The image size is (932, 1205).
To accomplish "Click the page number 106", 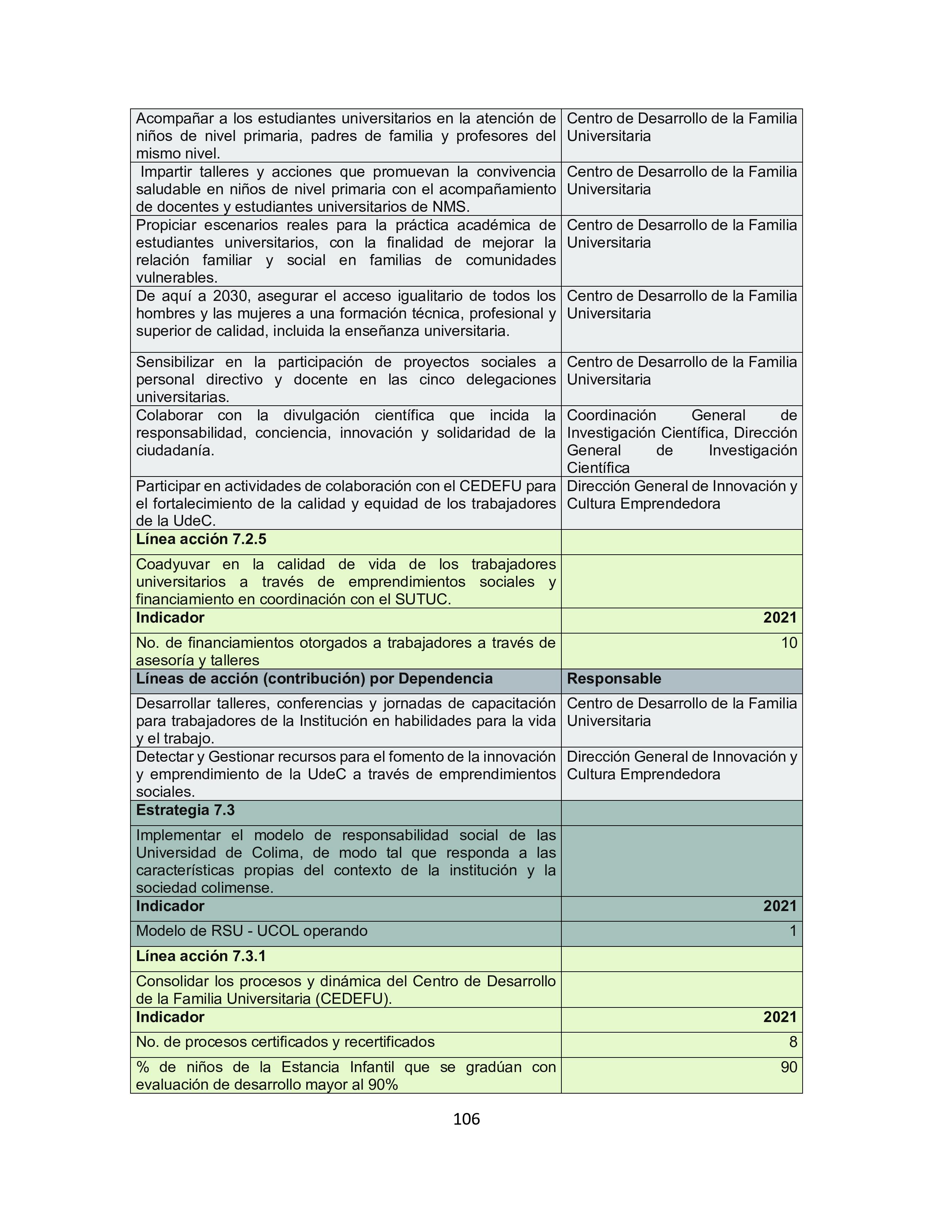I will click(466, 1119).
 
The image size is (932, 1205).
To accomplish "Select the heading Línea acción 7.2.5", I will click(201, 539).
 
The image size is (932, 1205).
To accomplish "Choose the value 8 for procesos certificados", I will click(793, 1042).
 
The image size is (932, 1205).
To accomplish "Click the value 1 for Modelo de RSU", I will click(793, 931).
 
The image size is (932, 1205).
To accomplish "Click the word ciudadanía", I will click(174, 450).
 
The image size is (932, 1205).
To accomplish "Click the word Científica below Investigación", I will click(598, 468).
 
